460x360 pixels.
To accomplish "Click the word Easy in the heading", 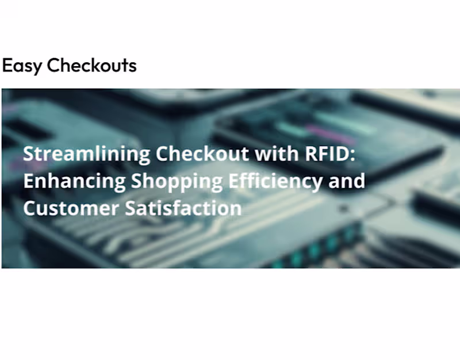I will point(22,66).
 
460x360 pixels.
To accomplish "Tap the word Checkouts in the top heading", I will point(92,65).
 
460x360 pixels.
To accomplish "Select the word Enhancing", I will point(75,181).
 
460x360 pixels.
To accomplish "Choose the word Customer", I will point(71,207).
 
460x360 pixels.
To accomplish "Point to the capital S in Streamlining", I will point(28,154).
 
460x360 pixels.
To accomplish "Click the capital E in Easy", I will point(7,65).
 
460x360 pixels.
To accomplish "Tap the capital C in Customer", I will point(29,207).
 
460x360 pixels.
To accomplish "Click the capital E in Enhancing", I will point(28,181).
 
